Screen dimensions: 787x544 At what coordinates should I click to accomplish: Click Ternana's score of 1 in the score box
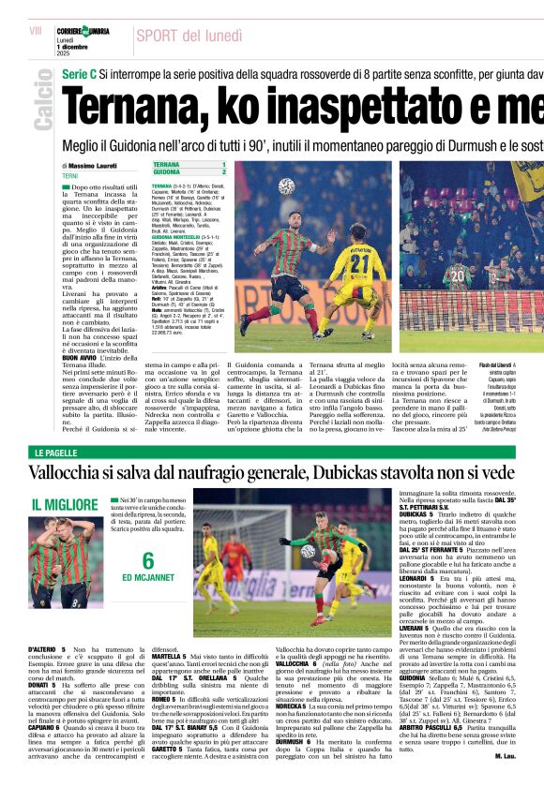[x=223, y=164]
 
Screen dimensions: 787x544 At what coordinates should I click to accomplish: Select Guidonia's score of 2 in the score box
[x=223, y=172]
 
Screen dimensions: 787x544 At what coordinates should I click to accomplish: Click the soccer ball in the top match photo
[x=286, y=186]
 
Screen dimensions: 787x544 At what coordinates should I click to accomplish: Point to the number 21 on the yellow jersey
[x=357, y=265]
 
